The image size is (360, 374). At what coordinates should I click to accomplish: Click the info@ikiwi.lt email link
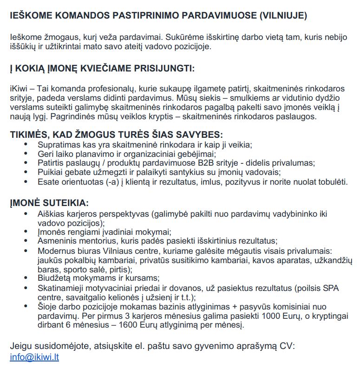click(x=34, y=357)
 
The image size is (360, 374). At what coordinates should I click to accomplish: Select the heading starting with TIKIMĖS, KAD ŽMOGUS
click(x=113, y=135)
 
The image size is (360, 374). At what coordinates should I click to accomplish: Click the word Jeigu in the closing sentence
click(x=21, y=346)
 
